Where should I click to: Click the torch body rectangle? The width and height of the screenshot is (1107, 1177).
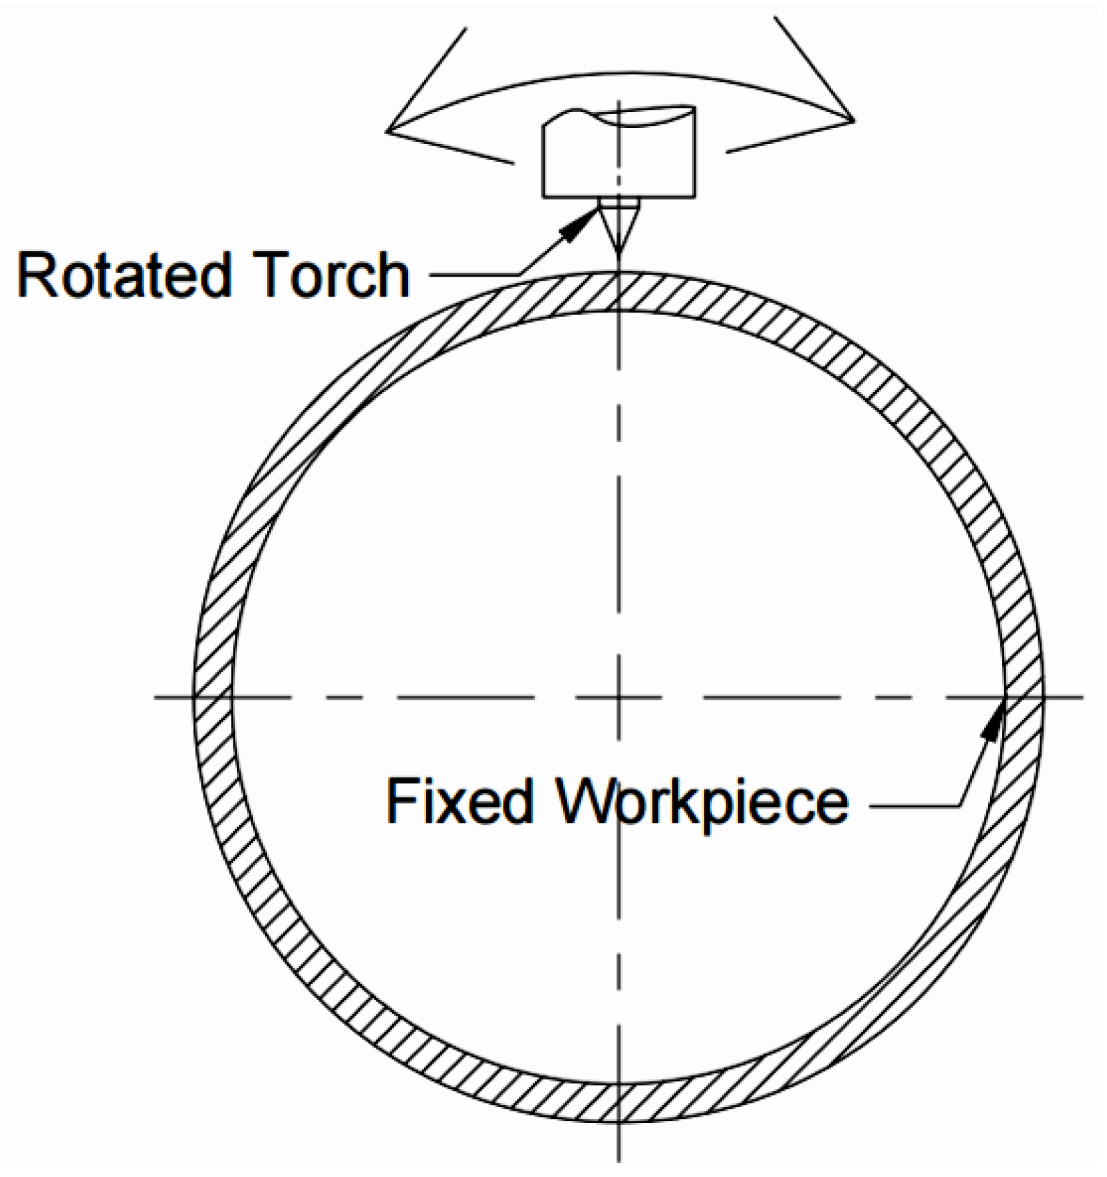pyautogui.click(x=619, y=159)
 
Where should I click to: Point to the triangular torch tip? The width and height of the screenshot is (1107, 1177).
pyautogui.click(x=619, y=228)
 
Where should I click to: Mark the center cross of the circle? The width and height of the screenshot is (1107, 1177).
pyautogui.click(x=619, y=696)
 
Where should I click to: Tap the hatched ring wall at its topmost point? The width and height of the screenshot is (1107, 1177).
pyautogui.click(x=619, y=292)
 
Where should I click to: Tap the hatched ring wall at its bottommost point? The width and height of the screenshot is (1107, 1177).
pyautogui.click(x=619, y=1101)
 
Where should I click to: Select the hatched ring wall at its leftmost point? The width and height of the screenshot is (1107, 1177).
pyautogui.click(x=213, y=696)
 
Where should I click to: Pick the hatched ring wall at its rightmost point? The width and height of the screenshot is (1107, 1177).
pyautogui.click(x=1023, y=696)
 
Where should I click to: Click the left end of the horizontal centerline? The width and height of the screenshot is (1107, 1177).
pyautogui.click(x=156, y=696)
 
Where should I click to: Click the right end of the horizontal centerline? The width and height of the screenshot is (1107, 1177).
pyautogui.click(x=1081, y=696)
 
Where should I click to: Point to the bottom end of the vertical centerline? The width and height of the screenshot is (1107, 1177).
pyautogui.click(x=619, y=1159)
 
